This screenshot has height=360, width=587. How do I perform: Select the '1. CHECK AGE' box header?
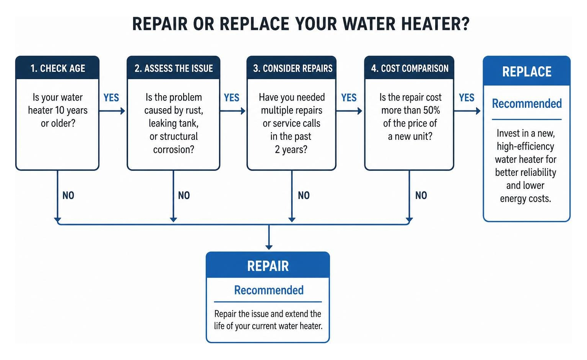coord(57,68)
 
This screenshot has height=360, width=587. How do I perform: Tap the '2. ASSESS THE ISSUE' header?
coord(174,68)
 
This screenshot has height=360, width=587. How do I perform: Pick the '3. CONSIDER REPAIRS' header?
coord(291,68)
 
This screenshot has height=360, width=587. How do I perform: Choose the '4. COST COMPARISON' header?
coord(409,68)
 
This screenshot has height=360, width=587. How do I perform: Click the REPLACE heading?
coord(527,72)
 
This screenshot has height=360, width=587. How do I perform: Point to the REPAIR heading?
coord(268,266)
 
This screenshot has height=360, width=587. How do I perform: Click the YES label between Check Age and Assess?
coord(111,98)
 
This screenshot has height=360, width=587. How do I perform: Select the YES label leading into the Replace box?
coord(467,98)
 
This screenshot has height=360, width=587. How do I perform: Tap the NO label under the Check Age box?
coord(68,195)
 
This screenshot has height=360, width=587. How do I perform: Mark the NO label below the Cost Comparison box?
coord(421,195)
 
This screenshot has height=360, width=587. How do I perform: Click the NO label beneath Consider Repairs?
coord(304,195)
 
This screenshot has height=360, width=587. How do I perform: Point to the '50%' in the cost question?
coord(432,110)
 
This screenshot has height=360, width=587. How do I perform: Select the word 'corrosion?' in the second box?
coord(174,149)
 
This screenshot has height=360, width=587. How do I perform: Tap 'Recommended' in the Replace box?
coord(527,104)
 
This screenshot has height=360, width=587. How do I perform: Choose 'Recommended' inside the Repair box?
coord(269,290)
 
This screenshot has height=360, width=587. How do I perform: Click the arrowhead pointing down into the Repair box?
coord(269,247)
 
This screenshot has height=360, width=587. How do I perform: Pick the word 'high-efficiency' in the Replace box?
coord(525,146)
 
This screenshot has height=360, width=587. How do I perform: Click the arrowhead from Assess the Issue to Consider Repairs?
coord(243,111)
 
